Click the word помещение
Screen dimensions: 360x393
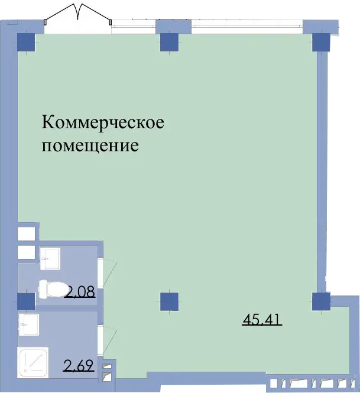[90, 145]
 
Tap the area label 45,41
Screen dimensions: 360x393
[262, 320]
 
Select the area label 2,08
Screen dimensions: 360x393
[80, 292]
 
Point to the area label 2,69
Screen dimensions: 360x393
[79, 365]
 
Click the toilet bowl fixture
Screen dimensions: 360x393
[53, 290]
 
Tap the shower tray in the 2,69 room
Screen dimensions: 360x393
[33, 362]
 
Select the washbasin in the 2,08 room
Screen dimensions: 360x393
[50, 259]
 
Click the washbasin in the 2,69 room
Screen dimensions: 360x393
[29, 324]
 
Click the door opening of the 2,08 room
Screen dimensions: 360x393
[100, 272]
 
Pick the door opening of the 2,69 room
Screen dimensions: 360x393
[100, 340]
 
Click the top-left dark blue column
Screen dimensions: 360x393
[26, 42]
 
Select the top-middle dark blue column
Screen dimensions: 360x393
[169, 42]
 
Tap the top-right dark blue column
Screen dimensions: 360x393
[321, 42]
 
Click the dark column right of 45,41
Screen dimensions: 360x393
[321, 301]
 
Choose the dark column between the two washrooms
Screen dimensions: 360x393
[26, 301]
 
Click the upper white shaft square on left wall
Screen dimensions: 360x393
[26, 233]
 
